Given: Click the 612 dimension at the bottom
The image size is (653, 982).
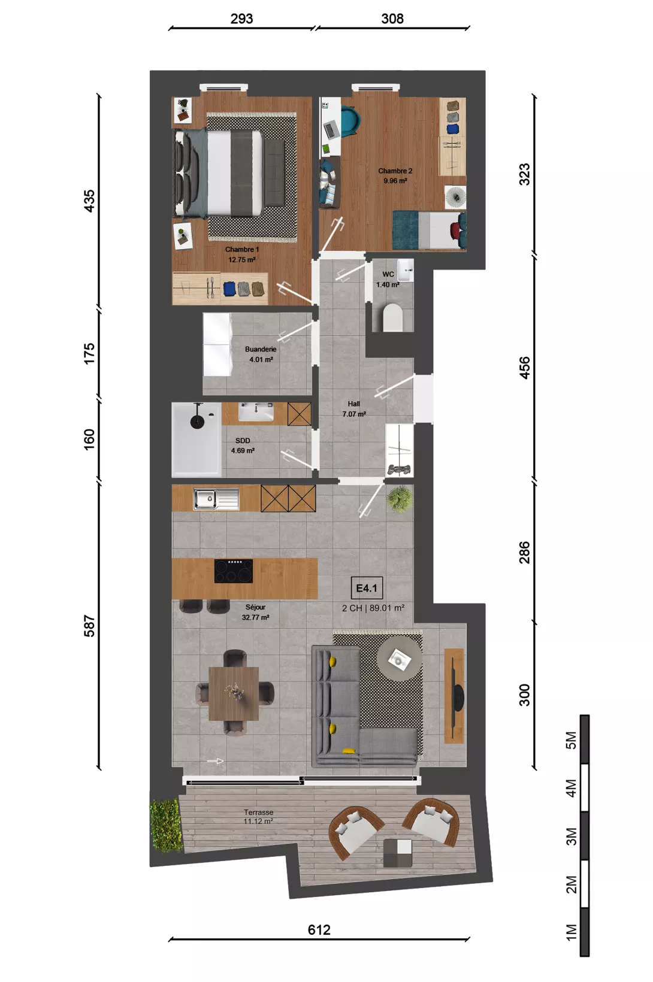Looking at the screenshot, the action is pyautogui.click(x=319, y=929).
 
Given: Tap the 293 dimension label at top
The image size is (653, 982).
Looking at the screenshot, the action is pyautogui.click(x=241, y=19).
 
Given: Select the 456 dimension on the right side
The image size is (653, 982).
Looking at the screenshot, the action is pyautogui.click(x=525, y=368).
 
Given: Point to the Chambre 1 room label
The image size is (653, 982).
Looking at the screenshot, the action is pyautogui.click(x=241, y=250).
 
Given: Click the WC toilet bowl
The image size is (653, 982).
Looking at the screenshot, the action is pyautogui.click(x=392, y=317).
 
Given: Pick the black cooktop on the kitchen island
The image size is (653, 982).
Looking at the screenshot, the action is pyautogui.click(x=233, y=571).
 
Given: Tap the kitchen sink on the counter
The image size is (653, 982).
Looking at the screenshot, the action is pyautogui.click(x=216, y=499).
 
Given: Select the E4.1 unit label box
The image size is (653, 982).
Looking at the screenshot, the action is pyautogui.click(x=367, y=589).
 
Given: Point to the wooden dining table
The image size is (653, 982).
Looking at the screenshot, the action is pyautogui.click(x=233, y=693).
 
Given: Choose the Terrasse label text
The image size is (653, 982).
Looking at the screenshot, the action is pyautogui.click(x=259, y=813).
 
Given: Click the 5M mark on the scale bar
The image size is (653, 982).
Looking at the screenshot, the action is pyautogui.click(x=571, y=740).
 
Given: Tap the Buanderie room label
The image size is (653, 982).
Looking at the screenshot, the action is pyautogui.click(x=261, y=350).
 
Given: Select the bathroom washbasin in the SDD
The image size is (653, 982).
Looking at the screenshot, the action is pyautogui.click(x=256, y=412).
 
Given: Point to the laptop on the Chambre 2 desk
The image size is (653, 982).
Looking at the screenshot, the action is pyautogui.click(x=331, y=130).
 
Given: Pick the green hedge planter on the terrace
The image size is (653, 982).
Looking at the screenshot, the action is pyautogui.click(x=166, y=826).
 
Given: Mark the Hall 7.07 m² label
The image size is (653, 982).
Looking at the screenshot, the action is pyautogui.click(x=354, y=409).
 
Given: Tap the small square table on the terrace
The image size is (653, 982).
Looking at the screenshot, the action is pyautogui.click(x=397, y=853).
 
